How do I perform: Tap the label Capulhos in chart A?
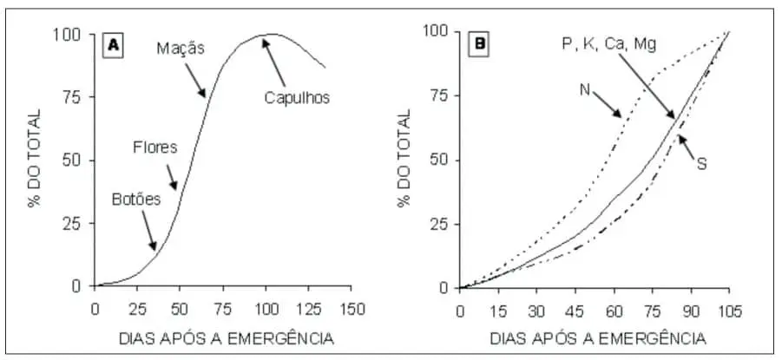click(x=297, y=98)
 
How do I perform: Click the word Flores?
click(x=154, y=147)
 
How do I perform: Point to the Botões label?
click(x=136, y=199)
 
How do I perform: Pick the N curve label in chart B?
click(x=586, y=88)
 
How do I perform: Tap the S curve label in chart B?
click(x=701, y=162)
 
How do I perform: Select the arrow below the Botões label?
click(x=148, y=230)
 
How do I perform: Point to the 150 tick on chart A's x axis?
click(x=352, y=308)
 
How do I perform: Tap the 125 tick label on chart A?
click(x=309, y=308)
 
